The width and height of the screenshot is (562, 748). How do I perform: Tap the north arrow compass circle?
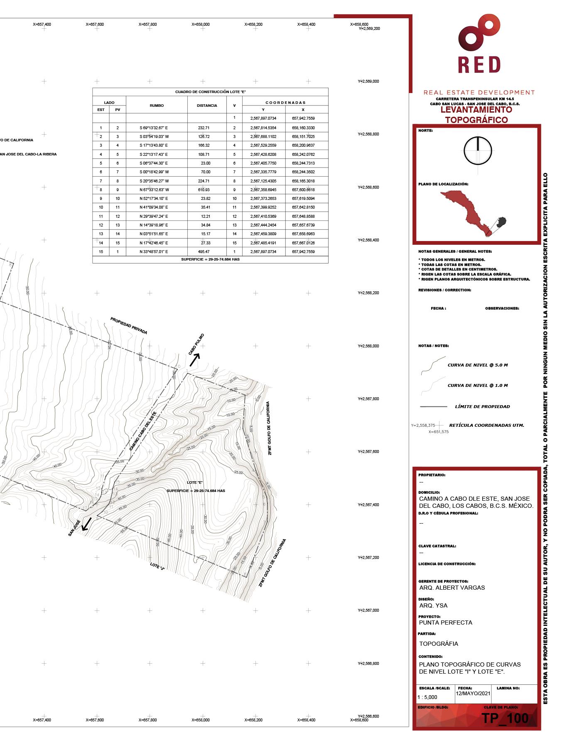(478, 150)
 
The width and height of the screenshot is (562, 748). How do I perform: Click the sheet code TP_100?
(505, 718)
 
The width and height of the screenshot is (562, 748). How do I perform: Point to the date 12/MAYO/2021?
(473, 694)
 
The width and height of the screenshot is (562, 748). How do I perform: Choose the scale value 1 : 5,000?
(427, 697)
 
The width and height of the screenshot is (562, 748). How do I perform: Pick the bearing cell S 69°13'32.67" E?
(154, 128)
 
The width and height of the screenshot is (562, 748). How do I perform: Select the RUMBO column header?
(157, 106)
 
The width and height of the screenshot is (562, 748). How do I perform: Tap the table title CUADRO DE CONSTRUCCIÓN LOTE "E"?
(210, 92)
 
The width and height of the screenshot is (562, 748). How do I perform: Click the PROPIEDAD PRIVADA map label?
(129, 326)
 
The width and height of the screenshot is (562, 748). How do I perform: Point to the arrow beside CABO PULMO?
(195, 357)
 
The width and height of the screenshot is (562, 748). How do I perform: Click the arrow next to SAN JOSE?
(87, 524)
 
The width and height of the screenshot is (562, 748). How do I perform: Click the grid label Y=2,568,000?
(368, 346)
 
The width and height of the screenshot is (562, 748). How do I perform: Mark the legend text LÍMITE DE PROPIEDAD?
(482, 406)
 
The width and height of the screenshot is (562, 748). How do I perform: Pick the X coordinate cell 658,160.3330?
(303, 128)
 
